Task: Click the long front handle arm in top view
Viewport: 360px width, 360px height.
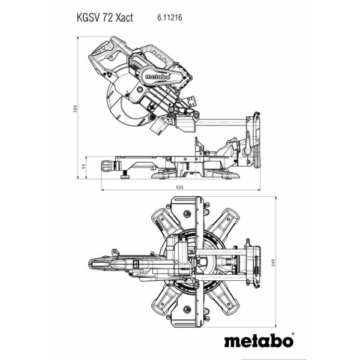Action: click(x=120, y=263)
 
